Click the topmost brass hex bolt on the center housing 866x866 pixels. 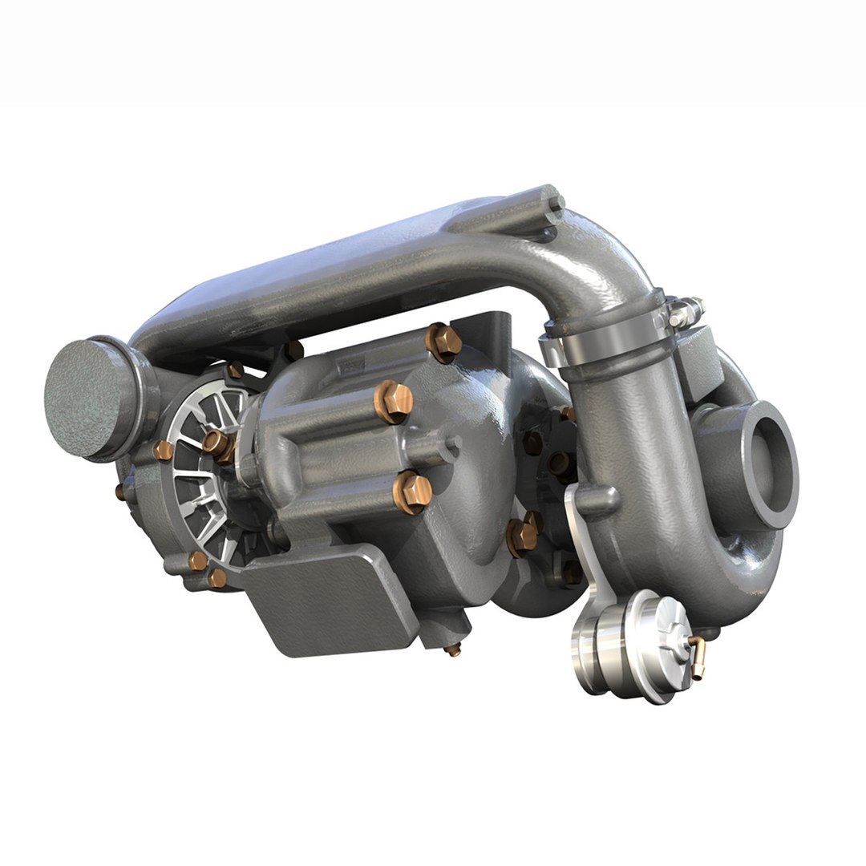click(x=444, y=341)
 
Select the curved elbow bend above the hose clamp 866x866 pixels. click(x=609, y=257)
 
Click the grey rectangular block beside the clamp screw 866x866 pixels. click(x=698, y=361)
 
